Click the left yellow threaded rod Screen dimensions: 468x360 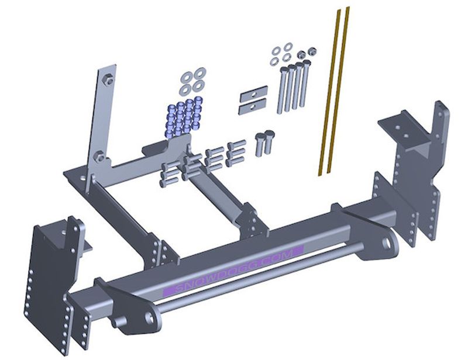point(329,92)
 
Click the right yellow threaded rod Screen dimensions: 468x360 point(339,89)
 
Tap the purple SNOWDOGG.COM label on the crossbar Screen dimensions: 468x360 point(233,271)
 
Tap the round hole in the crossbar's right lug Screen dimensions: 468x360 point(386,244)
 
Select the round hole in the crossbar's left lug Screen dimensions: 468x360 point(149,318)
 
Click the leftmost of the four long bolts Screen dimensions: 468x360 point(281,91)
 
